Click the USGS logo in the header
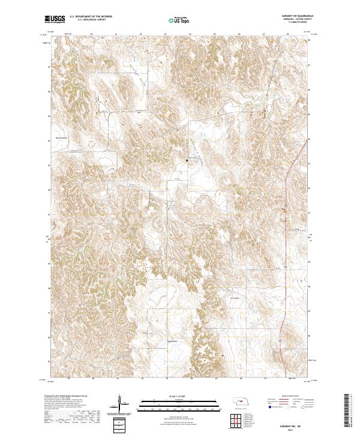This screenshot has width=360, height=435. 55,19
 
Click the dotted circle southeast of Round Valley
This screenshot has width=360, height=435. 92,143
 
